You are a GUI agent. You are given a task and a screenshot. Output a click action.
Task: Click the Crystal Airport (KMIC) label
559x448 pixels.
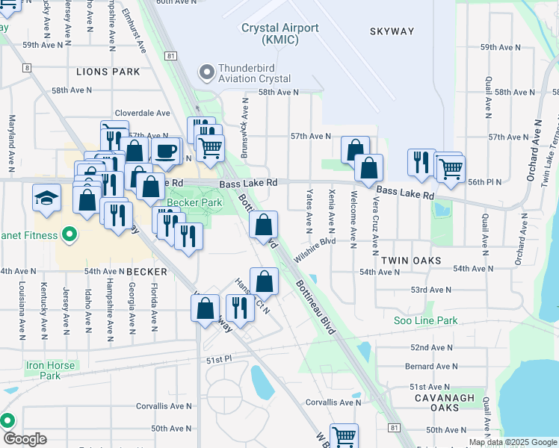pos(280,34)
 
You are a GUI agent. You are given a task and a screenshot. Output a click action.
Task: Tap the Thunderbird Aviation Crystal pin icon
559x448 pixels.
pos(206,72)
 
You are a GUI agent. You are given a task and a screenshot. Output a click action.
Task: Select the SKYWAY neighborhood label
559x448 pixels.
pos(391,31)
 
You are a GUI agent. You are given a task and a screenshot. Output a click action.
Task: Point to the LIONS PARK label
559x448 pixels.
pos(108,72)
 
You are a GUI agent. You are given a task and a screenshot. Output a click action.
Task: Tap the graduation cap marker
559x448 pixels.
pos(46,199)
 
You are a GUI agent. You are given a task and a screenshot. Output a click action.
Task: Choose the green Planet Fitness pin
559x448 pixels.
pos(70,236)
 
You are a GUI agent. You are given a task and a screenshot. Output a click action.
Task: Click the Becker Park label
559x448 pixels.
pos(194,202)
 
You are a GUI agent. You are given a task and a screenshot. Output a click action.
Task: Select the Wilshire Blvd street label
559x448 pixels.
pos(315,249)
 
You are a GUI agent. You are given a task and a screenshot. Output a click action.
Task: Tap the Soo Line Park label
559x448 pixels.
pos(425,320)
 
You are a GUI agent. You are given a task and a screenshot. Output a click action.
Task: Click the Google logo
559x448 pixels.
pos(24,439)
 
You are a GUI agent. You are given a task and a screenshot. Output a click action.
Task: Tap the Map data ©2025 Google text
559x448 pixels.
pos(513,442)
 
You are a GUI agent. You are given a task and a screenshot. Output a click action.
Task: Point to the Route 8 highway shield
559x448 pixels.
pos(28,68)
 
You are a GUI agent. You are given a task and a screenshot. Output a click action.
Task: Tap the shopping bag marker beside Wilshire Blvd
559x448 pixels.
pos(263,225)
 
